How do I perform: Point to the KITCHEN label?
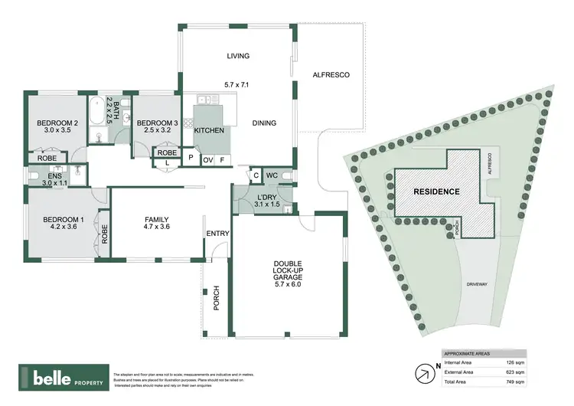pyautogui.click(x=209, y=131)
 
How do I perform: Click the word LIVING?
pyautogui.click(x=239, y=56)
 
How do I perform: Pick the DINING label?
pyautogui.click(x=264, y=123)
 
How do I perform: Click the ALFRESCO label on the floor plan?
pyautogui.click(x=331, y=74)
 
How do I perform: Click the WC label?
pyautogui.click(x=271, y=175)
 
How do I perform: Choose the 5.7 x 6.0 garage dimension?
pyautogui.click(x=289, y=284)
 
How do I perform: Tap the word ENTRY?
pyautogui.click(x=217, y=234)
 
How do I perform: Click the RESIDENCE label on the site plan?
pyautogui.click(x=436, y=192)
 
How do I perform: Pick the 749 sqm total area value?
pyautogui.click(x=514, y=381)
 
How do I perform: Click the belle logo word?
pyautogui.click(x=52, y=378)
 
